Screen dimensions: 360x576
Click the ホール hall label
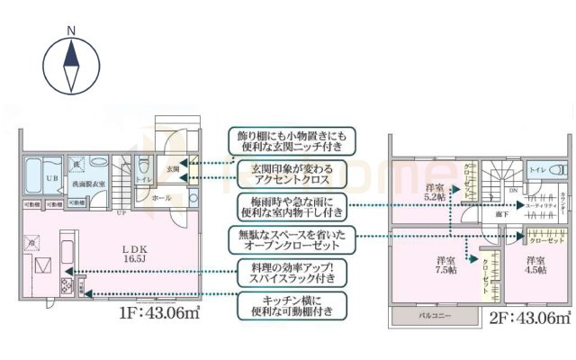[161, 196]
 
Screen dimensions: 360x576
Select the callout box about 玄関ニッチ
[291, 139]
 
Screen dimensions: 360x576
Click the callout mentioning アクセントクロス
[291, 173]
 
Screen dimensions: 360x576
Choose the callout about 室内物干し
[291, 206]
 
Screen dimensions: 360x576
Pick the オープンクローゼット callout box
[291, 239]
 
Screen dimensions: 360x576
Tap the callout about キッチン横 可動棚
[291, 306]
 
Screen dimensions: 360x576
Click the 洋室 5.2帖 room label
[436, 193]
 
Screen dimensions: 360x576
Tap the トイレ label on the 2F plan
[536, 169]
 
